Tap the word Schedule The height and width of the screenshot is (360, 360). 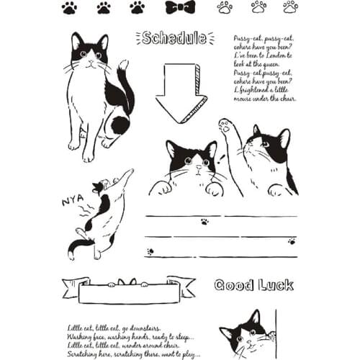pos(175,38)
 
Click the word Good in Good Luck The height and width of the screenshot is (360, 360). pos(234,285)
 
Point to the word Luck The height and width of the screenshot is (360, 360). pos(274,285)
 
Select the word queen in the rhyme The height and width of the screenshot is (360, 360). pos(270,65)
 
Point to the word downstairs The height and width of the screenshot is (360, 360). pos(143,328)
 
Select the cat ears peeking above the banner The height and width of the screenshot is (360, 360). pos(127,282)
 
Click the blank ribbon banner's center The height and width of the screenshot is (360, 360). pos(128,293)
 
